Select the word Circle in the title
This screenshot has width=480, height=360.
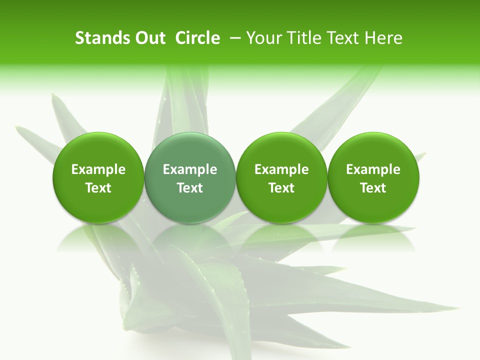(197, 38)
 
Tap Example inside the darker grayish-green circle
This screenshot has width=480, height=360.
(190, 169)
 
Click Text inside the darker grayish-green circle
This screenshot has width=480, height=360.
(190, 188)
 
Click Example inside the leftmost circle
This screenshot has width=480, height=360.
(98, 169)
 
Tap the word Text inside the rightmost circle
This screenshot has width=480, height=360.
(373, 188)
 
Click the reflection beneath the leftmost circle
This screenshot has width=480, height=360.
(98, 237)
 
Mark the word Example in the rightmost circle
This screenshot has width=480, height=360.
(373, 169)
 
